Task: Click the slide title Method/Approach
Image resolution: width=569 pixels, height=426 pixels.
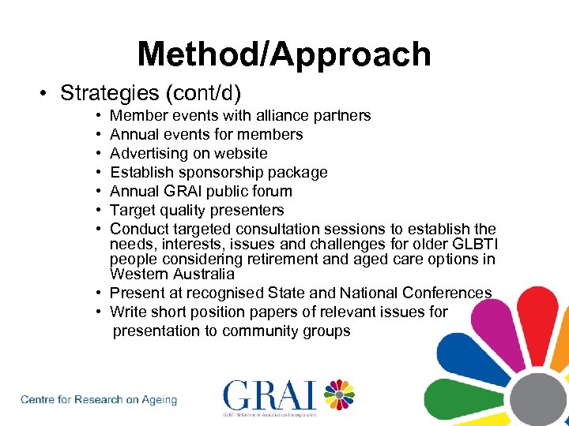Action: (x=284, y=54)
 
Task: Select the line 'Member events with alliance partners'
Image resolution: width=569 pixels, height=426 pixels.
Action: (x=240, y=116)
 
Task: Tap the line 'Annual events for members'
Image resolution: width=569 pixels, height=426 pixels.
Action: (x=206, y=135)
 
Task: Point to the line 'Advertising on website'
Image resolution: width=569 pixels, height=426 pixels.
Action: (x=188, y=154)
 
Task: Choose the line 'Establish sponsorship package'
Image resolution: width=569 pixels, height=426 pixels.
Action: (x=218, y=173)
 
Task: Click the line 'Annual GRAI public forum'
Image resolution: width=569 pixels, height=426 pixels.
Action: (x=201, y=192)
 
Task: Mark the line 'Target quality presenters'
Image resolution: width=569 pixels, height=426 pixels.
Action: (x=196, y=211)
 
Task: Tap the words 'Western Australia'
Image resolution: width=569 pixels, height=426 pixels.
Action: (x=171, y=275)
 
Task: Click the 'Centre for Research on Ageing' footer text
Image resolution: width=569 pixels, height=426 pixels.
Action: (x=99, y=400)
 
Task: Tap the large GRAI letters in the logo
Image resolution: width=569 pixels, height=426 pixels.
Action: (x=269, y=396)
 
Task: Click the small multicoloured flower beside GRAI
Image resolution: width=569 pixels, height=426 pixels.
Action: (x=338, y=394)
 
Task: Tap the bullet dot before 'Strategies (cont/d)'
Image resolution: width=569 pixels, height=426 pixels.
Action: (x=47, y=94)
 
